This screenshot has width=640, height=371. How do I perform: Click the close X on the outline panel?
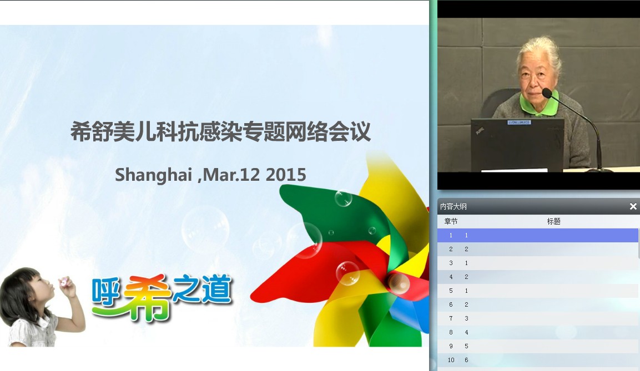click(633, 207)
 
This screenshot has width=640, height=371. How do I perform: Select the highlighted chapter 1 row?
click(537, 235)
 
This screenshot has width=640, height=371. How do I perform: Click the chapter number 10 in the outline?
click(451, 360)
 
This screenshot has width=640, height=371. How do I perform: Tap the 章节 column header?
click(451, 221)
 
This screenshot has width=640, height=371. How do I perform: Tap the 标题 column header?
click(553, 221)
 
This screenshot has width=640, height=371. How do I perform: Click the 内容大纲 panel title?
click(453, 207)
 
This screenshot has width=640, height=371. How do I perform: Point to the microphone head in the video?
click(547, 93)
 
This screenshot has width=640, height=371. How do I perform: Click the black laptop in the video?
click(517, 145)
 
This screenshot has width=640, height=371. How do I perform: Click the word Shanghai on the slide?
click(153, 175)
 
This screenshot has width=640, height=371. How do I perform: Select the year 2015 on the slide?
click(286, 175)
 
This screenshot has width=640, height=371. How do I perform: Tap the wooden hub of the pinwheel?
click(398, 283)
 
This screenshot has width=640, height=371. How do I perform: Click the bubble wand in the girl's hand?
click(64, 281)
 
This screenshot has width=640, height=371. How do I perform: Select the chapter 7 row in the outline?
click(537, 318)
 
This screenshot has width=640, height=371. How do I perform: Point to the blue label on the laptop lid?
click(519, 123)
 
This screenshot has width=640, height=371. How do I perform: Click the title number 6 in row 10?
click(466, 360)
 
